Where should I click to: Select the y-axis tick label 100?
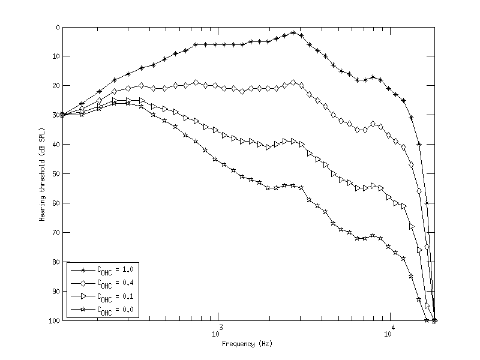(54, 321)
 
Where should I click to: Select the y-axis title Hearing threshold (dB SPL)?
(43, 174)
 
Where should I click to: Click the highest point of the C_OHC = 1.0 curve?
(293, 33)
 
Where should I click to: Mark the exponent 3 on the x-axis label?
(221, 327)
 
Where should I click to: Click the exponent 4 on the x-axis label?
(393, 327)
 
